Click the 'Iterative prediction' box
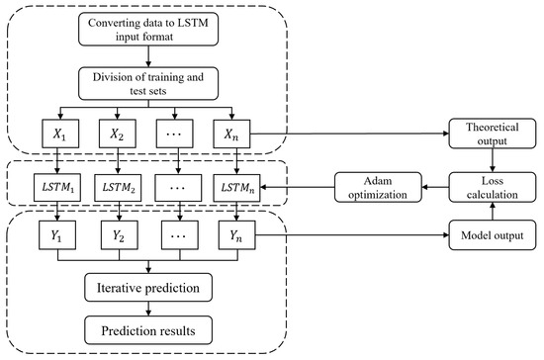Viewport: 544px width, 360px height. point(149,289)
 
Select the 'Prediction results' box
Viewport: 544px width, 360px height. point(149,328)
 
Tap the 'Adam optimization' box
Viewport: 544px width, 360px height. point(375,185)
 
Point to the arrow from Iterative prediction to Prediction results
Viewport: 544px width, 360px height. point(149,309)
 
